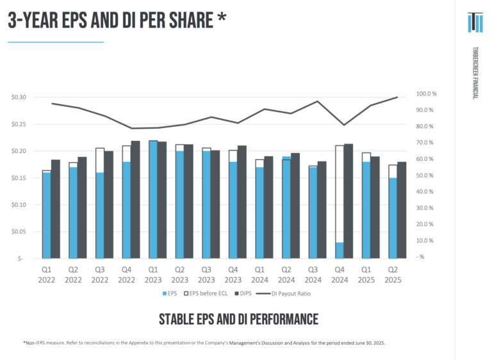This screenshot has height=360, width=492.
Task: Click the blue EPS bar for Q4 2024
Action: point(340,250)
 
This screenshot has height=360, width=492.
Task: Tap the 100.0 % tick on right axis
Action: point(425,94)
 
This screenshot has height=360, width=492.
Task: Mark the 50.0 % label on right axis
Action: point(425,176)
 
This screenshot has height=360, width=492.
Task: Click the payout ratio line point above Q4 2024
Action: point(344,125)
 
